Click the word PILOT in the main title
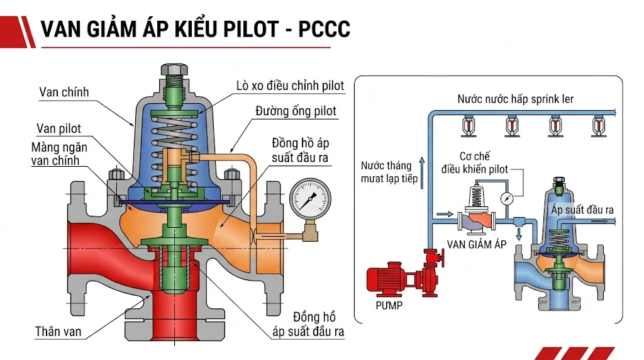[x=251, y=29]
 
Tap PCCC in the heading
[x=324, y=29]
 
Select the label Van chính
[x=64, y=92]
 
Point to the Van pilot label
[x=58, y=128]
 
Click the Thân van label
[x=58, y=331]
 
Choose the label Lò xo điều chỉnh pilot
[x=290, y=86]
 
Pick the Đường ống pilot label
[x=296, y=111]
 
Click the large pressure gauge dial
[x=310, y=199]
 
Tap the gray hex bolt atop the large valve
[x=175, y=70]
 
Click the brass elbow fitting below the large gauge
[x=309, y=233]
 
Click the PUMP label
[x=389, y=305]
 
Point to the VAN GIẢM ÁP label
[x=477, y=245]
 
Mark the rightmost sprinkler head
[x=597, y=126]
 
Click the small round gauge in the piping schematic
[x=508, y=198]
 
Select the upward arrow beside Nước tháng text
[x=422, y=173]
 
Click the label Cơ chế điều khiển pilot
[x=475, y=163]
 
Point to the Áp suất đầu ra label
[x=582, y=210]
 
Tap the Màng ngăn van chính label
[x=59, y=154]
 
